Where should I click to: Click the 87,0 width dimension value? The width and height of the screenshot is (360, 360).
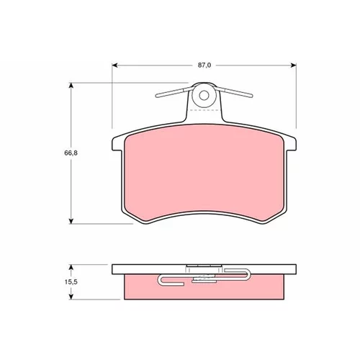click(204, 65)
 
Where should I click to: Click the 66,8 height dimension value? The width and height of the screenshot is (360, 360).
click(71, 153)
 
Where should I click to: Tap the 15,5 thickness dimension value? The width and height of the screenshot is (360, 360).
click(71, 282)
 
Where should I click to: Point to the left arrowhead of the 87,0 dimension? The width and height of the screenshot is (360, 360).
click(115, 66)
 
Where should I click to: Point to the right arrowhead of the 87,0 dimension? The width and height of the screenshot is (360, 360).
click(293, 66)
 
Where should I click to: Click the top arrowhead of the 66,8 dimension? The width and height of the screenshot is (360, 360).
click(71, 86)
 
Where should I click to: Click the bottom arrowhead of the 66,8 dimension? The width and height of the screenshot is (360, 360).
click(71, 221)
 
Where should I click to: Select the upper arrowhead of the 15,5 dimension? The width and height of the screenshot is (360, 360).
click(71, 268)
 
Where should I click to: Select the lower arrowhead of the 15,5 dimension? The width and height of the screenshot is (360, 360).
click(71, 297)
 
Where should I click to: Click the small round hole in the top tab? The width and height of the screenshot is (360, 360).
click(204, 96)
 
